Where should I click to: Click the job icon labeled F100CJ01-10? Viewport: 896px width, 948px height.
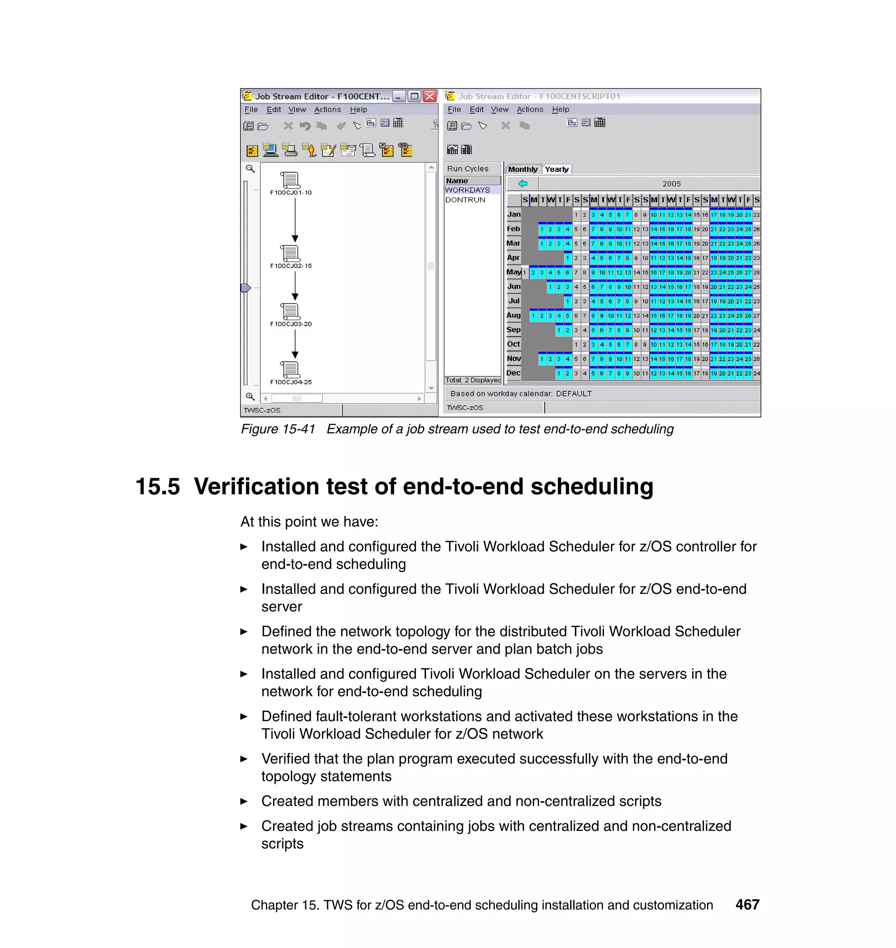pyautogui.click(x=290, y=180)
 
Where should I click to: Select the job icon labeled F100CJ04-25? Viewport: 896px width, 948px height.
pyautogui.click(x=290, y=369)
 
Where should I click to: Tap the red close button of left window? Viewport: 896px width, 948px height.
pyautogui.click(x=430, y=96)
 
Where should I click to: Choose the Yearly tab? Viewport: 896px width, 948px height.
pyautogui.click(x=556, y=169)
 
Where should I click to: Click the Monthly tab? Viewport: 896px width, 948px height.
pyautogui.click(x=522, y=169)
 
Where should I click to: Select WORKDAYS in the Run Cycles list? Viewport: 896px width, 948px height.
pyautogui.click(x=467, y=190)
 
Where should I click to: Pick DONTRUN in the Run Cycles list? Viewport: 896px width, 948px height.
pyautogui.click(x=465, y=200)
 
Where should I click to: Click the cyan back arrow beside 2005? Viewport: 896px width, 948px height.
pyautogui.click(x=523, y=183)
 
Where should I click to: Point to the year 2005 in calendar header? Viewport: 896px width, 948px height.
pyautogui.click(x=671, y=184)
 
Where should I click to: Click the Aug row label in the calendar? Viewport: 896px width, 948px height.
pyautogui.click(x=514, y=315)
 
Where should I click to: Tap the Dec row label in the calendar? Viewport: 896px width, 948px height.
pyautogui.click(x=514, y=373)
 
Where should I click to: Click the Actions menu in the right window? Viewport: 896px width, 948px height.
pyautogui.click(x=530, y=109)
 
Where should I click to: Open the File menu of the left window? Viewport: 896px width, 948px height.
pyautogui.click(x=251, y=109)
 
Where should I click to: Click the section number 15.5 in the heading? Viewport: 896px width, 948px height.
pyautogui.click(x=157, y=487)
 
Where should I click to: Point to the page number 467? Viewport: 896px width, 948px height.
pyautogui.click(x=747, y=905)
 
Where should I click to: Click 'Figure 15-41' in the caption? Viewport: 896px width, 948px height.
pyautogui.click(x=278, y=429)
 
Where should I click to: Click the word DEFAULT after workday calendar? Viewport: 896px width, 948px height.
pyautogui.click(x=574, y=394)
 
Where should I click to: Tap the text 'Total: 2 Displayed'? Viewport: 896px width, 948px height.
pyautogui.click(x=473, y=380)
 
